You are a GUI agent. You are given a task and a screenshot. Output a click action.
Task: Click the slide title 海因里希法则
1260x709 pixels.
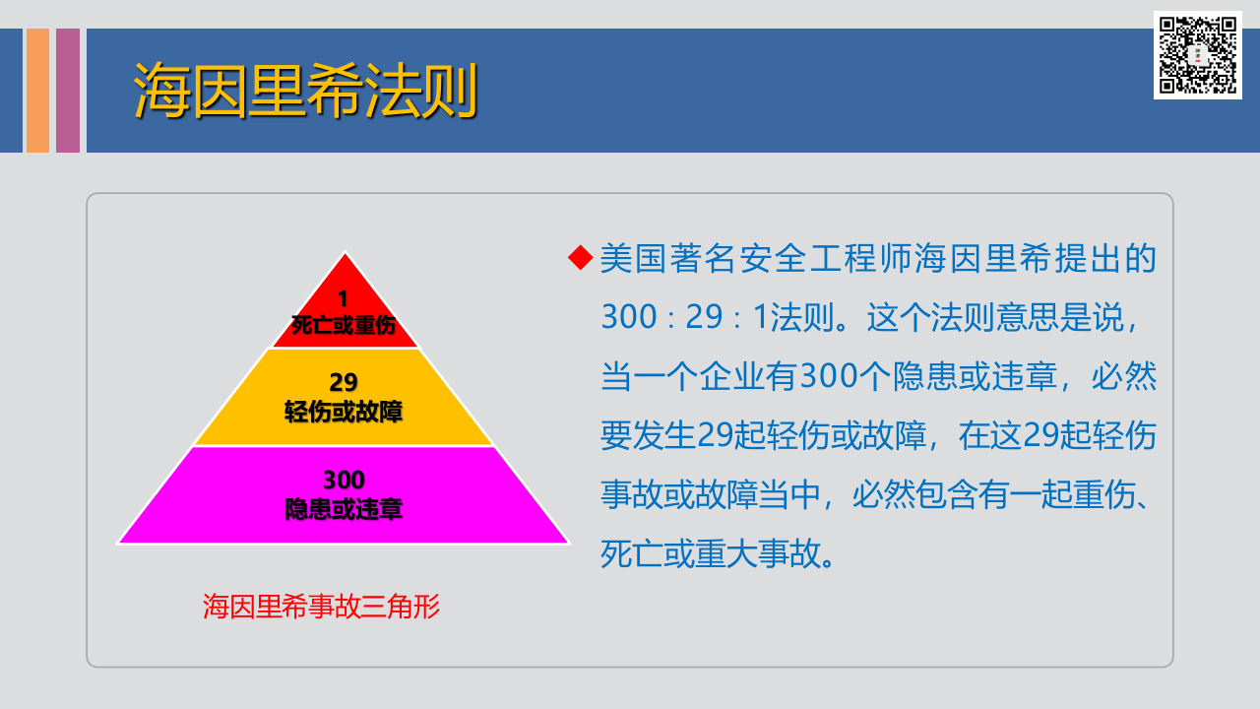click(305, 91)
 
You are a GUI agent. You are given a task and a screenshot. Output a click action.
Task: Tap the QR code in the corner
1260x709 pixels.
click(1197, 55)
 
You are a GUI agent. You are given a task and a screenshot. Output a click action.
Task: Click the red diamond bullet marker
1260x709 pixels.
click(581, 258)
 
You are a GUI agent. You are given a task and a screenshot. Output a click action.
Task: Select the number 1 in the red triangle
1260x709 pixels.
click(344, 298)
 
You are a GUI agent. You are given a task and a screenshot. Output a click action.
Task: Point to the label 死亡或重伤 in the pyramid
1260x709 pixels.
click(344, 326)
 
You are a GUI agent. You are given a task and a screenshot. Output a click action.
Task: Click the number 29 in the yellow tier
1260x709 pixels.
click(344, 382)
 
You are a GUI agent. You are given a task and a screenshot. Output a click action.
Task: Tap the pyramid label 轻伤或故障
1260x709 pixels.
click(344, 412)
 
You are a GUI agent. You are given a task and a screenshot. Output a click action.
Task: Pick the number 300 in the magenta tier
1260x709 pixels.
click(344, 481)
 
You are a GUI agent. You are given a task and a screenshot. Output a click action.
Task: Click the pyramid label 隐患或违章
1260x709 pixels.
click(344, 510)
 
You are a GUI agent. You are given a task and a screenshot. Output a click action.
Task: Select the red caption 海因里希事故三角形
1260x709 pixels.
click(321, 607)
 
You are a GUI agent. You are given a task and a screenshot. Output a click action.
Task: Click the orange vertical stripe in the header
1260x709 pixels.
click(37, 91)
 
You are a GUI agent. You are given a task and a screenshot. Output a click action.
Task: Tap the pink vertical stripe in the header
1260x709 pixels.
click(68, 91)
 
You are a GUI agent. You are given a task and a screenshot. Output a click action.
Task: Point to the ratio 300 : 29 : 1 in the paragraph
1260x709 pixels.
click(685, 317)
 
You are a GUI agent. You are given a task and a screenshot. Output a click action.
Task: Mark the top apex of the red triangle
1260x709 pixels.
click(345, 254)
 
